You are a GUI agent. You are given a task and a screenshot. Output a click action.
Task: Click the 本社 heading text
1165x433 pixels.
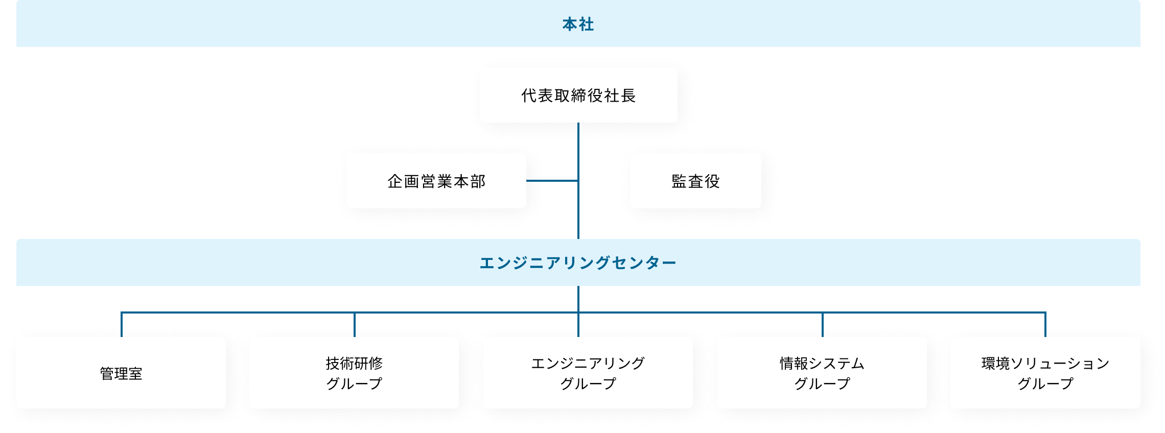pyautogui.click(x=578, y=25)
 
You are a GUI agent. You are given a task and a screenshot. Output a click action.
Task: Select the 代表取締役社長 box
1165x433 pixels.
pyautogui.click(x=578, y=95)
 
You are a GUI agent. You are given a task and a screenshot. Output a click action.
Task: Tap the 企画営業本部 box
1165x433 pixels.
pyautogui.click(x=436, y=181)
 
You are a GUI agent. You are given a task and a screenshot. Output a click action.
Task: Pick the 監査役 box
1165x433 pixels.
pyautogui.click(x=695, y=181)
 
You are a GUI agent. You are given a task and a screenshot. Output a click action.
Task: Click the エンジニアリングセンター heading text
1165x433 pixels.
pyautogui.click(x=578, y=263)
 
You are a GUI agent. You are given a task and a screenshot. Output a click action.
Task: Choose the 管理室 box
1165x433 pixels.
pyautogui.click(x=121, y=373)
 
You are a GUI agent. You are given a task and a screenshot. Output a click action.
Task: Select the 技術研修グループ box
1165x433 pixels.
pyautogui.click(x=354, y=373)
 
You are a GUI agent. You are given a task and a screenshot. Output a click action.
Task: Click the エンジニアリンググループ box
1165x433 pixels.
pyautogui.click(x=588, y=373)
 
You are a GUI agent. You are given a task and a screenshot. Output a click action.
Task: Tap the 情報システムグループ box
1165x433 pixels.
pyautogui.click(x=822, y=373)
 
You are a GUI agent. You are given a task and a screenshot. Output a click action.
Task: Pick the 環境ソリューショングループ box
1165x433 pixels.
pyautogui.click(x=1045, y=373)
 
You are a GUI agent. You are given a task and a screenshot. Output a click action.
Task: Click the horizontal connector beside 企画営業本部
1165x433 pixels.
pyautogui.click(x=552, y=181)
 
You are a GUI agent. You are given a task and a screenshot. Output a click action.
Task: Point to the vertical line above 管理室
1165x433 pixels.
pyautogui.click(x=122, y=325)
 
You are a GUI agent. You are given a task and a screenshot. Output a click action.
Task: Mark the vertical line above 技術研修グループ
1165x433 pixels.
pyautogui.click(x=354, y=325)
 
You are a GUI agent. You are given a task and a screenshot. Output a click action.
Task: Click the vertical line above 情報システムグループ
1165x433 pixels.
pyautogui.click(x=822, y=325)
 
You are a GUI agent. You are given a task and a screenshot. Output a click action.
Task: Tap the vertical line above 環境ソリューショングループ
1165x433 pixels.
pyautogui.click(x=1045, y=325)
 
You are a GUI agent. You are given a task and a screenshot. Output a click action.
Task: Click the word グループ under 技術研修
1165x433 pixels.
pyautogui.click(x=354, y=383)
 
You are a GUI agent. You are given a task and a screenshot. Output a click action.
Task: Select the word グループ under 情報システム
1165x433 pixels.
pyautogui.click(x=822, y=383)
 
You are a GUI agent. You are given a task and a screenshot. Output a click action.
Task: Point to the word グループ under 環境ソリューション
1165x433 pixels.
pyautogui.click(x=1045, y=383)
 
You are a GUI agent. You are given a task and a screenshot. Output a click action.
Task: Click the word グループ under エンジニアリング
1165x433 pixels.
pyautogui.click(x=588, y=383)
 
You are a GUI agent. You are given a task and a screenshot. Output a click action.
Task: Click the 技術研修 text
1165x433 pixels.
pyautogui.click(x=354, y=364)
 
